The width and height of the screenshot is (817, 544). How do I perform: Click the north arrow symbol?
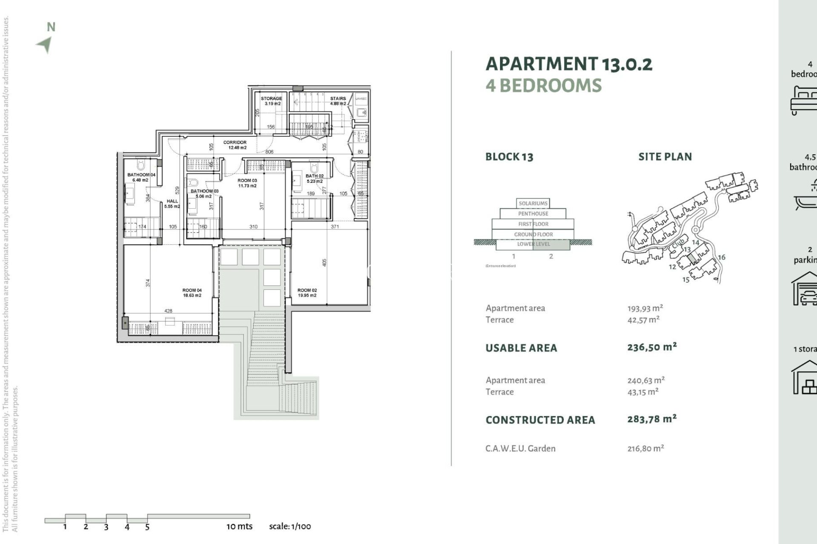click(x=45, y=44)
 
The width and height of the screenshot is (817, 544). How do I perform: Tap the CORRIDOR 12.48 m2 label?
click(x=235, y=145)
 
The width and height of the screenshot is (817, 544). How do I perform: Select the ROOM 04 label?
click(x=192, y=292)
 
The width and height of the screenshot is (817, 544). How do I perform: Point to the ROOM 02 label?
click(x=307, y=292)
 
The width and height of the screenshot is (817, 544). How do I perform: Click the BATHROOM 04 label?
click(x=141, y=177)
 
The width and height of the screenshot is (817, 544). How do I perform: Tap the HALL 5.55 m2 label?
click(x=172, y=204)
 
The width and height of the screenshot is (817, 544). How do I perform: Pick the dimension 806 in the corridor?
click(x=269, y=152)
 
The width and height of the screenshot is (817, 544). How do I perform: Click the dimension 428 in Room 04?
click(x=168, y=311)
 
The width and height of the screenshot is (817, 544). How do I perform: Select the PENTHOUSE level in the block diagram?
click(x=533, y=214)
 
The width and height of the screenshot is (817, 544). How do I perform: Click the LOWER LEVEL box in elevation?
click(x=533, y=244)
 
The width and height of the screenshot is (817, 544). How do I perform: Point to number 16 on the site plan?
click(x=721, y=257)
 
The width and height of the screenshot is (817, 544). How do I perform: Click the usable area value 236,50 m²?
click(x=651, y=347)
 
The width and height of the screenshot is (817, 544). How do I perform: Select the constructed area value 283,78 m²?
click(x=651, y=419)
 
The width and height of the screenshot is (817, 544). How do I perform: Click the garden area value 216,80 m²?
click(x=646, y=448)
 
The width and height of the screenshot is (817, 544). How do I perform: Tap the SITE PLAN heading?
click(x=665, y=157)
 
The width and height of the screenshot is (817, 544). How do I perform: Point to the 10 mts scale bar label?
click(x=239, y=526)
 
